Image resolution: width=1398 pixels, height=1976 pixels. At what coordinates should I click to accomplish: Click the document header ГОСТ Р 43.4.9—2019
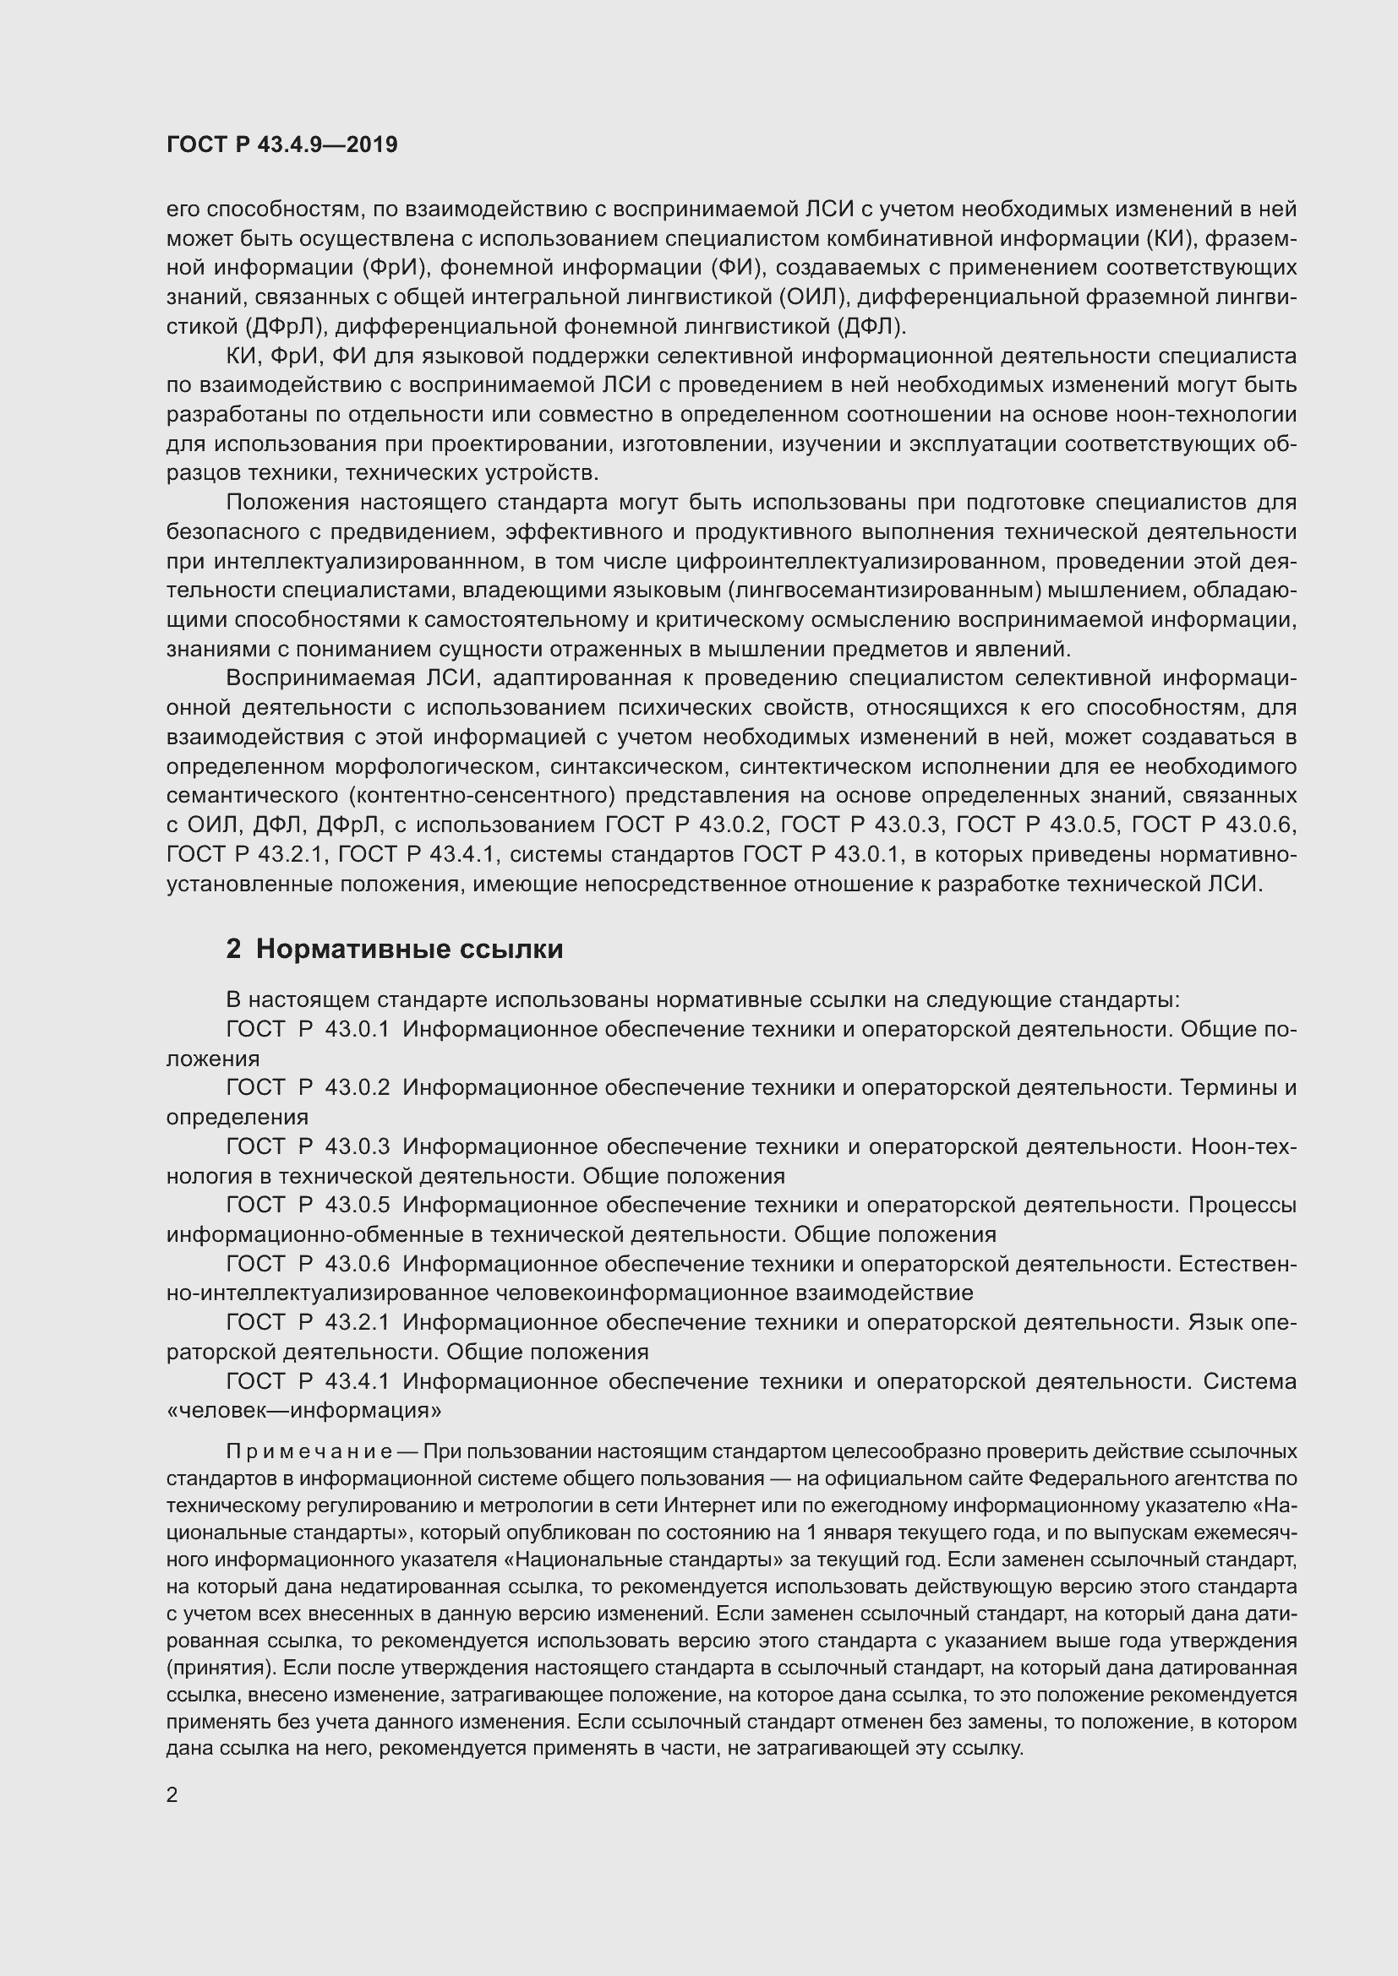pos(281,144)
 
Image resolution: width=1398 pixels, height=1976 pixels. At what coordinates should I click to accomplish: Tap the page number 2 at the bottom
pos(172,1794)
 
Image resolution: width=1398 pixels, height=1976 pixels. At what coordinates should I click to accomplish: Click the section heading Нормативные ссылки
pos(409,949)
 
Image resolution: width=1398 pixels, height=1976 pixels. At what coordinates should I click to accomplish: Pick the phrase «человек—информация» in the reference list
pos(304,1411)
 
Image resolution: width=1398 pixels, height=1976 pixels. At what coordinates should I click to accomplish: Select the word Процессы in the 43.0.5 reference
pos(1242,1205)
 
